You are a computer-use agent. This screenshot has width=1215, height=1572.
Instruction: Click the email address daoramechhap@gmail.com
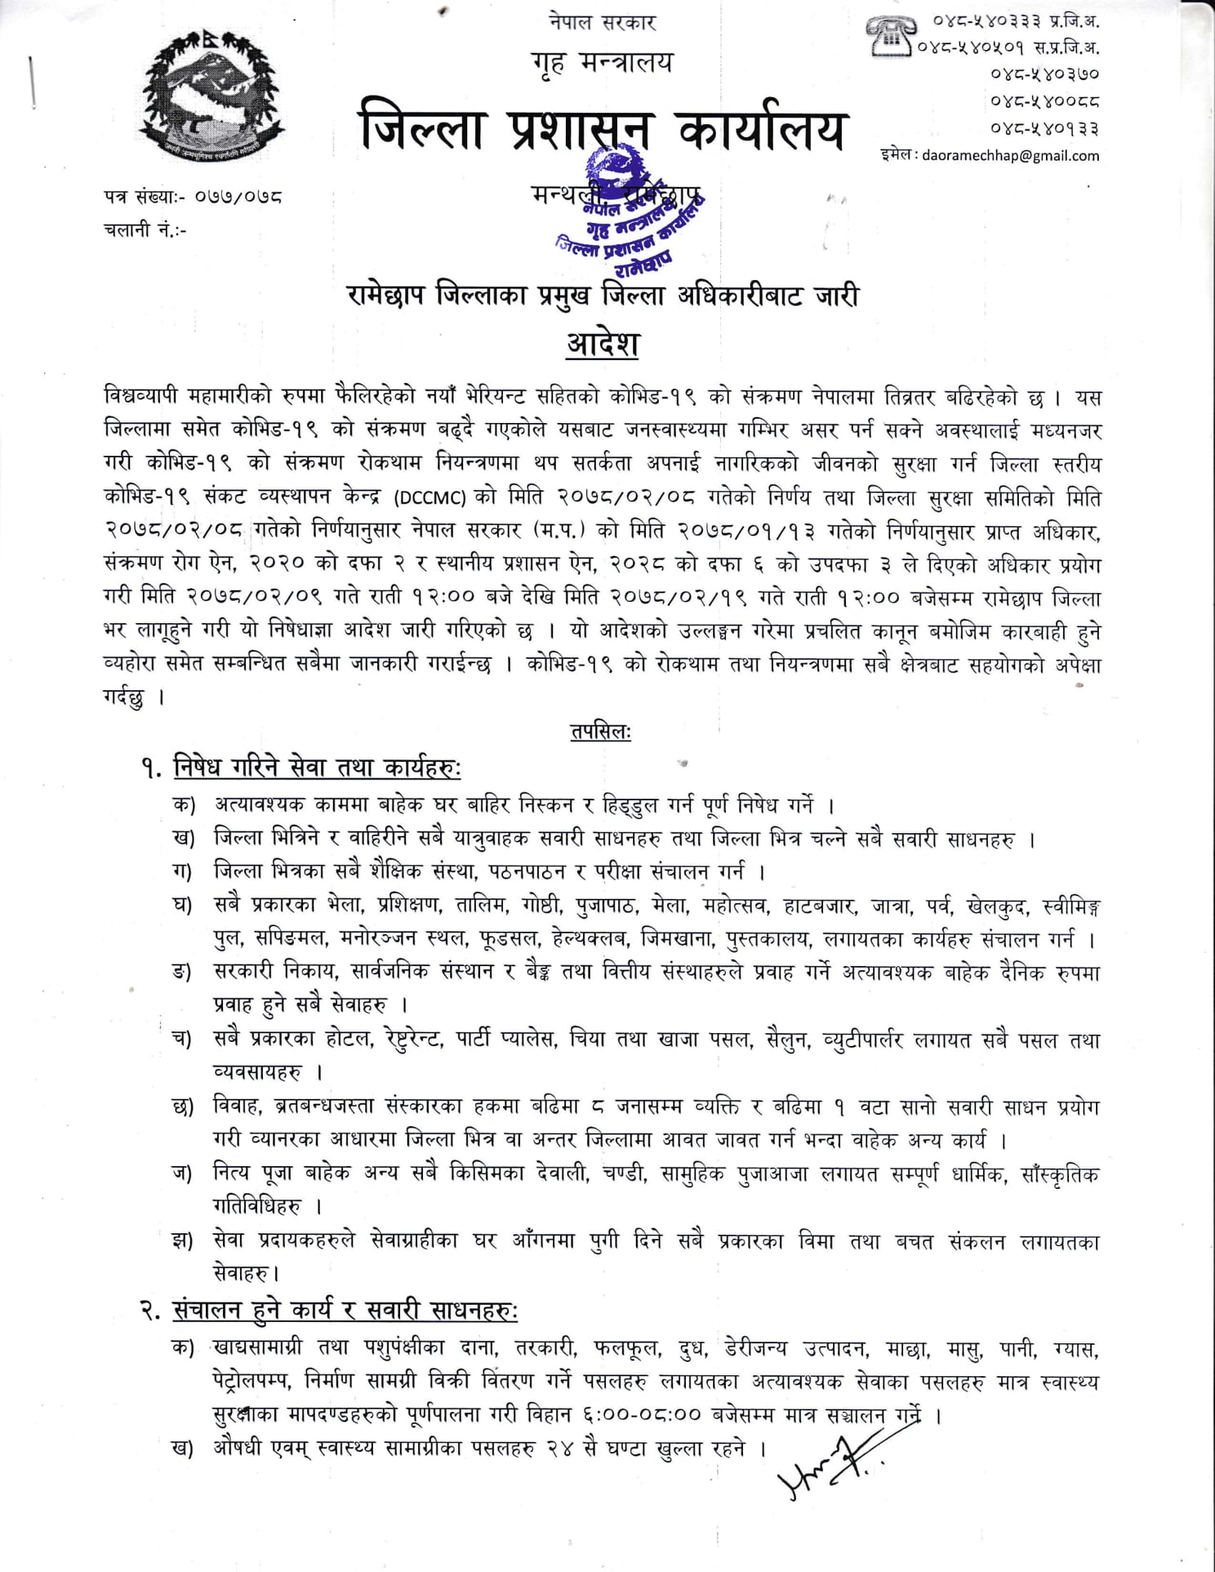[x=1010, y=156]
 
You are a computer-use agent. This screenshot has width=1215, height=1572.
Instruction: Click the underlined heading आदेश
[x=603, y=343]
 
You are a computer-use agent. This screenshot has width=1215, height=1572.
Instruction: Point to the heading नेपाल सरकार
[x=603, y=22]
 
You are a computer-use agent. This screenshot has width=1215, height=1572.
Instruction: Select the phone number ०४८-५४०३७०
[x=1044, y=74]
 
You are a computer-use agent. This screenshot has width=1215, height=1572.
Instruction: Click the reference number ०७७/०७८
[x=238, y=197]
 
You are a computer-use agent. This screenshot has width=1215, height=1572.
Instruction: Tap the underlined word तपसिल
[x=601, y=733]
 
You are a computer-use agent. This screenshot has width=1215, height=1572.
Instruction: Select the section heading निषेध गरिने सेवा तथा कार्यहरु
[x=317, y=768]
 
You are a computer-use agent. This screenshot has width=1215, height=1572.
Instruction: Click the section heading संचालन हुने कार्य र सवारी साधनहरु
[x=345, y=1311]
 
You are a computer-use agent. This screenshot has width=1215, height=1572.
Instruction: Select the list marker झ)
[x=182, y=1242]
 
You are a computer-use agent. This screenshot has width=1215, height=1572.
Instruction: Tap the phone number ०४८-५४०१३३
[x=1044, y=128]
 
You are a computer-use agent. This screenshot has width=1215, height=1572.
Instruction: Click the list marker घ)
[x=181, y=906]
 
